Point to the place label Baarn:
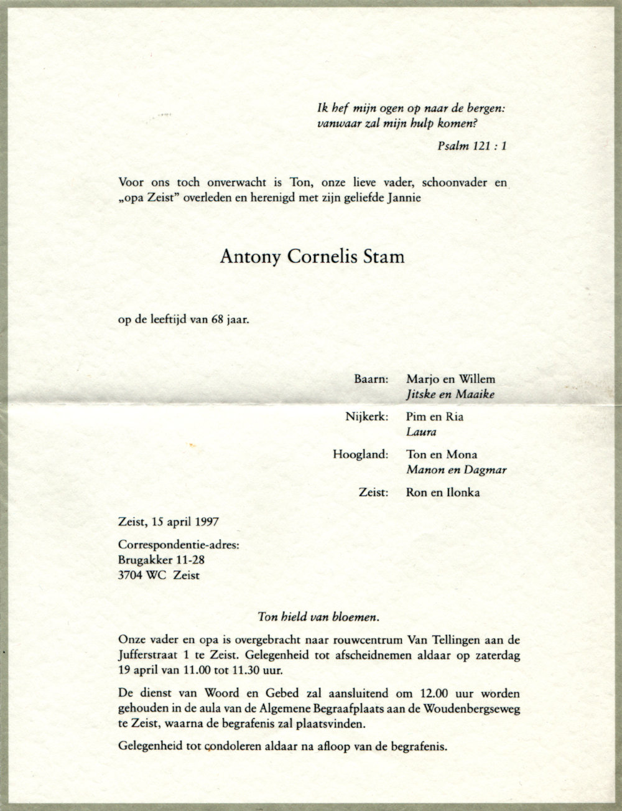(371, 378)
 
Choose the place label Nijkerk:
(367, 417)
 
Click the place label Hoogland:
(362, 455)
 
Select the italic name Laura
(422, 431)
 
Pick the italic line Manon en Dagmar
(455, 470)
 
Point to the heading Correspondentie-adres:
(178, 546)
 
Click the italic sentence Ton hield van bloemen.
(318, 617)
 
